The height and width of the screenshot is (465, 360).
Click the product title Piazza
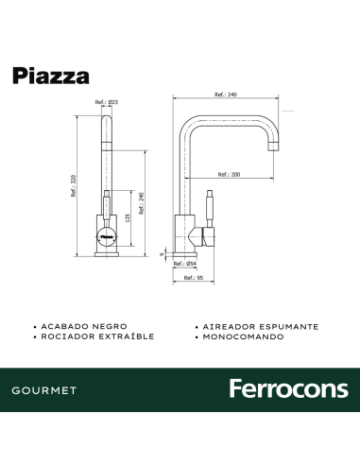point(51,76)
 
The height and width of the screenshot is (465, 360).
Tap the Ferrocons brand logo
point(288,389)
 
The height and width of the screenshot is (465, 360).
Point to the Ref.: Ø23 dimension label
point(106,102)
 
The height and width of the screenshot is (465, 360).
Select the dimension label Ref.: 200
point(230,174)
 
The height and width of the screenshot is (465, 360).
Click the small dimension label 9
point(163,253)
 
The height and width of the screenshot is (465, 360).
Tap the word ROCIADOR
point(66,336)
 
